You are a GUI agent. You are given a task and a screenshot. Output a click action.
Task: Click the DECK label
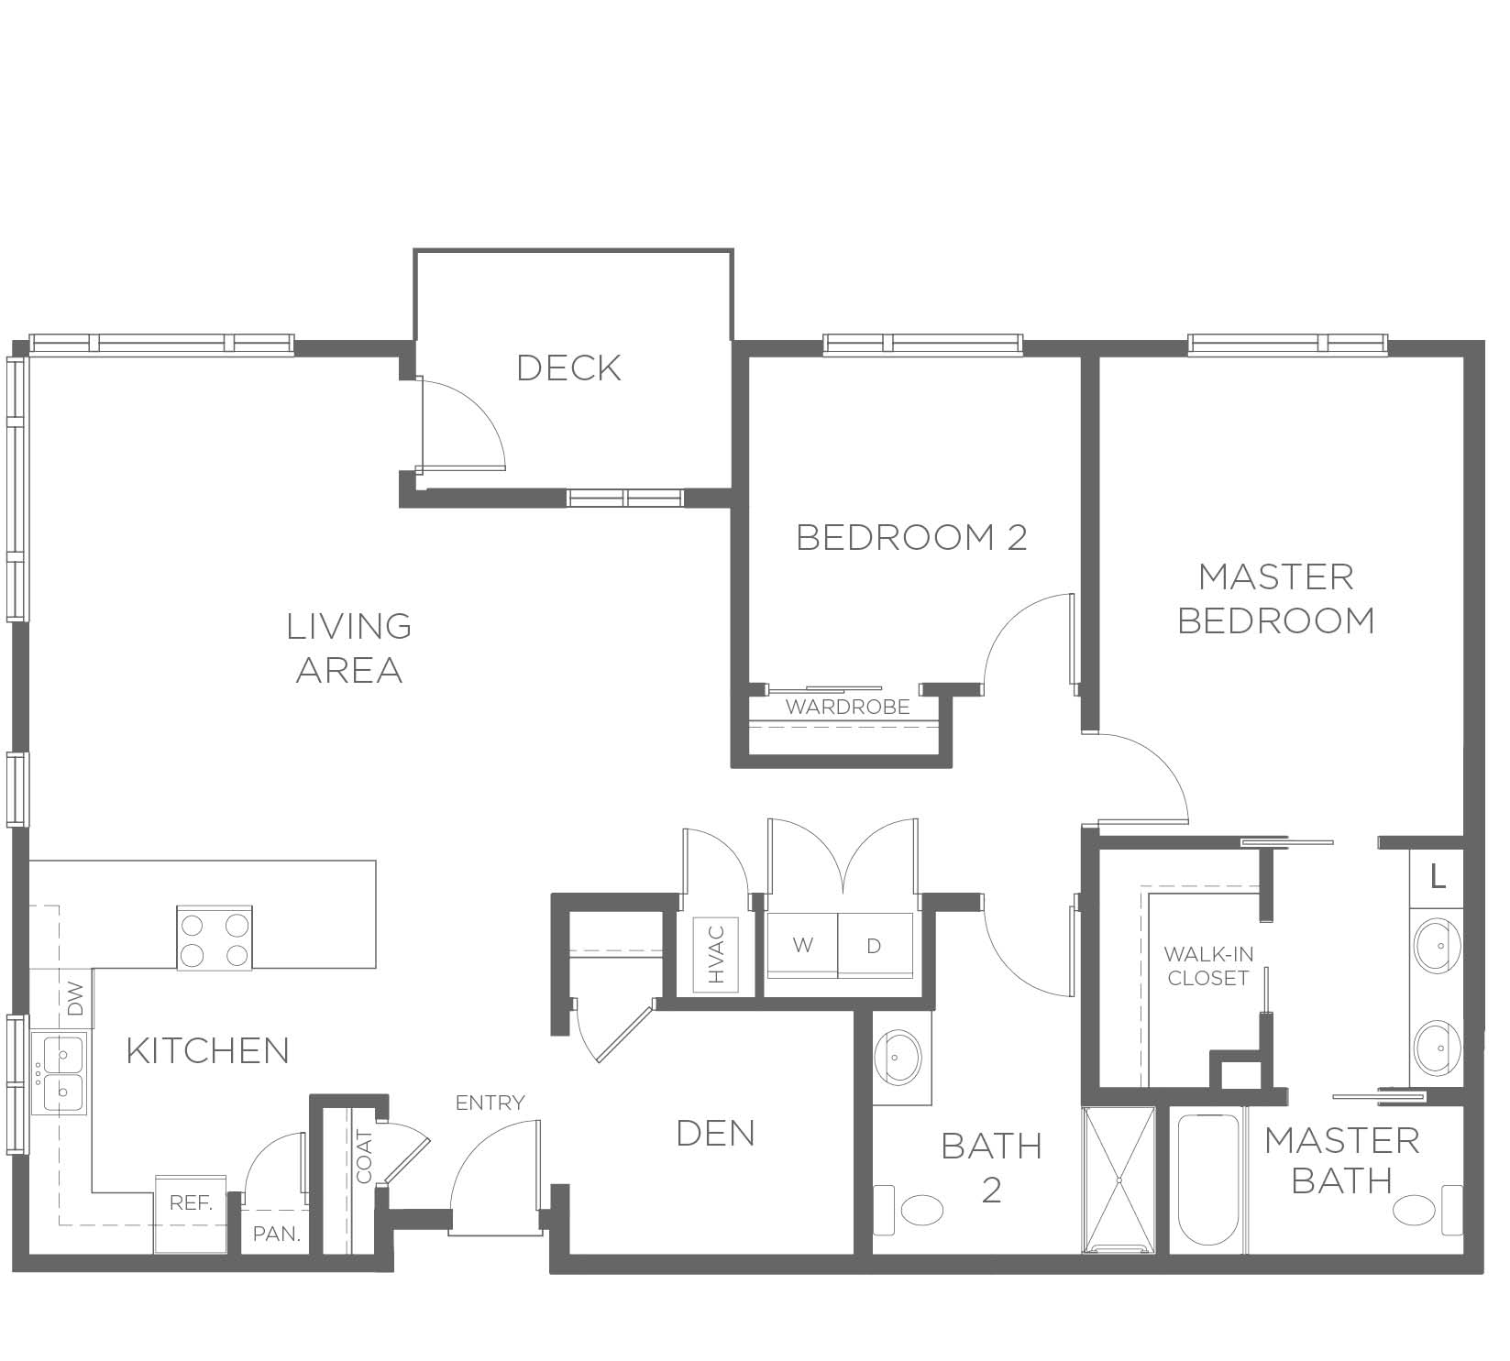coord(568,368)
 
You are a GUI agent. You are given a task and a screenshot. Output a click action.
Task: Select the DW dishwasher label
coord(76,998)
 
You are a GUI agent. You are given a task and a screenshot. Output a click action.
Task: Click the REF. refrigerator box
coord(191,1213)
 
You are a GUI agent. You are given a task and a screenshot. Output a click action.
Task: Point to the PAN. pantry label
coord(277,1234)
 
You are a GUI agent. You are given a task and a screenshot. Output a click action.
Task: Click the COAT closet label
coord(364,1157)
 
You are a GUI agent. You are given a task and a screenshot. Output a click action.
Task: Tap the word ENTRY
coord(490,1103)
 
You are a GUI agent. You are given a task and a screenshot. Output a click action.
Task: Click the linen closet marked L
coord(1438,879)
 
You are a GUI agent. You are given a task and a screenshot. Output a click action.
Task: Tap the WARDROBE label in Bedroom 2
coord(848,707)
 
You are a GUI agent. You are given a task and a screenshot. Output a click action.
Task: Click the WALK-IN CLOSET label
coord(1208,966)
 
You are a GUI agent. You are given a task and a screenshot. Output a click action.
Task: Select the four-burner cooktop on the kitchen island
coord(215,938)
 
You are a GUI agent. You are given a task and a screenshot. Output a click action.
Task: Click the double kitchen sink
coord(60,1073)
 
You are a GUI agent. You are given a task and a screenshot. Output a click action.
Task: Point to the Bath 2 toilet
coord(909,1210)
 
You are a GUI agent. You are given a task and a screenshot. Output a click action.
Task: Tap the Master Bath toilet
coord(1427,1210)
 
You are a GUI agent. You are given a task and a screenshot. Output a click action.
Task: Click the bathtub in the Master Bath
coord(1207,1180)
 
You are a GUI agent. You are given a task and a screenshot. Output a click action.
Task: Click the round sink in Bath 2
coord(899,1059)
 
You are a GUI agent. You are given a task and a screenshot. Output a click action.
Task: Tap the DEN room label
coord(716,1134)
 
